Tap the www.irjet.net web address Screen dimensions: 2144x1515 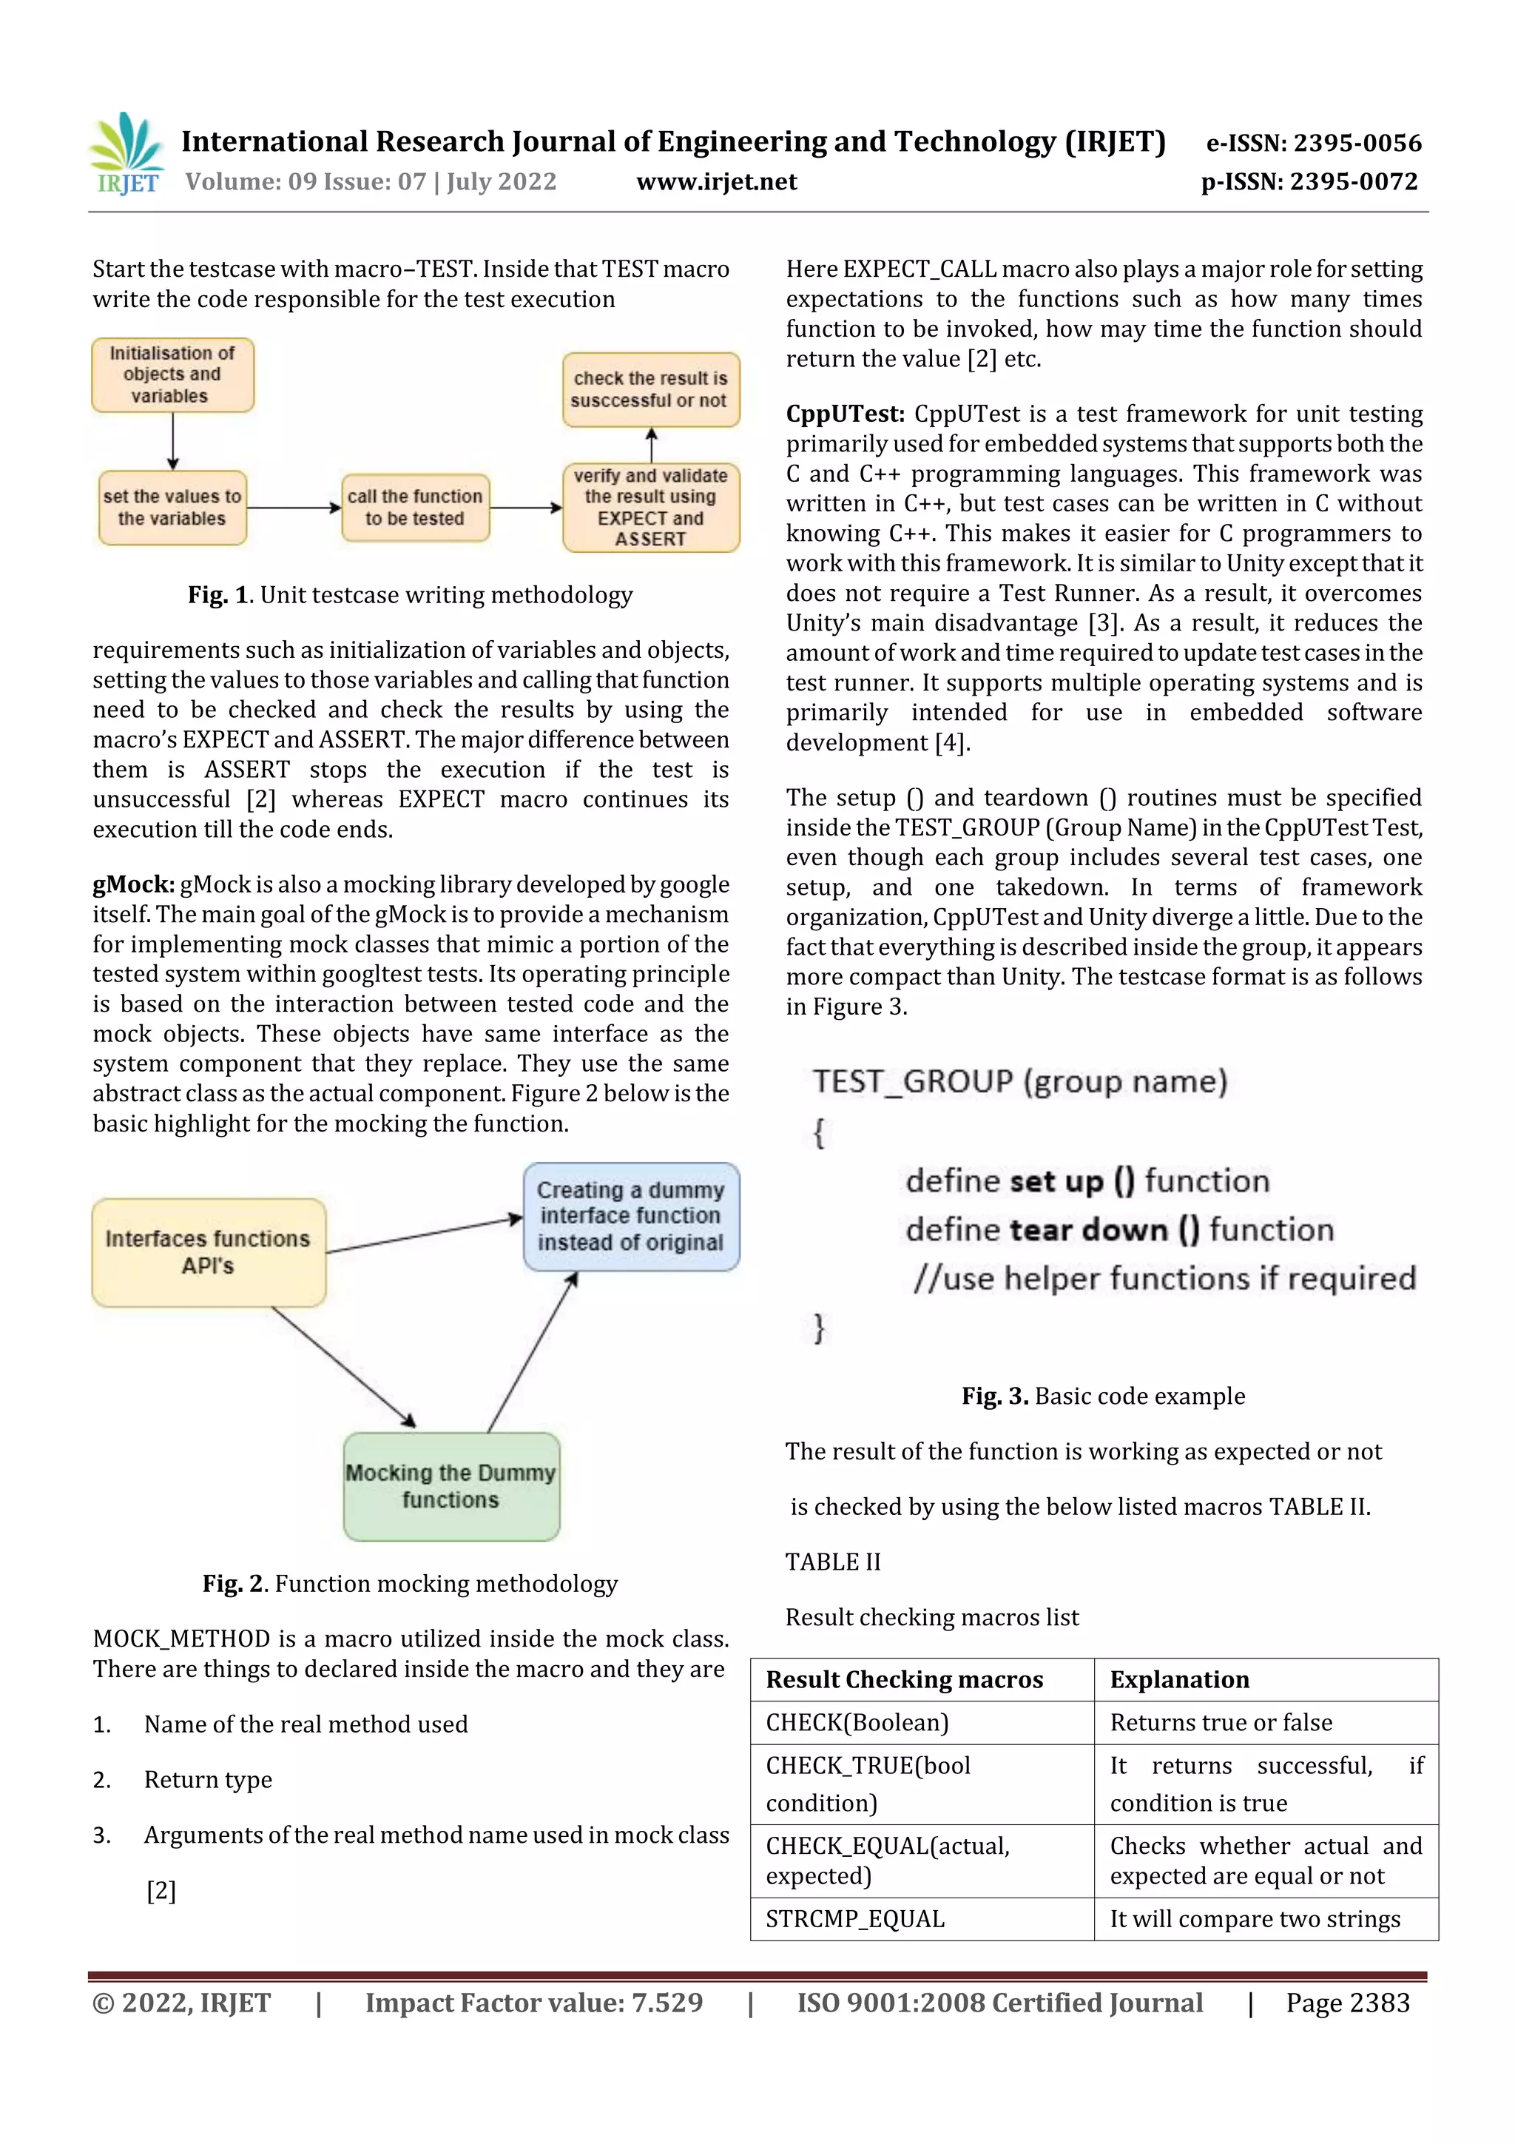click(x=716, y=182)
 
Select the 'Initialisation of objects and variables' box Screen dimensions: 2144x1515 click(x=172, y=375)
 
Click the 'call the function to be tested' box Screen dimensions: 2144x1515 click(x=416, y=508)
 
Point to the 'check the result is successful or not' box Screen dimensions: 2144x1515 click(x=651, y=389)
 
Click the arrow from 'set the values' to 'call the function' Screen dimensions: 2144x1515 click(x=294, y=508)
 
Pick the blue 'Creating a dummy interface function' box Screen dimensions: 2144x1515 click(x=631, y=1216)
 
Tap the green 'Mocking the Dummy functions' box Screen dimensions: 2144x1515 click(x=451, y=1485)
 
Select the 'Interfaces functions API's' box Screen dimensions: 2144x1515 click(x=208, y=1252)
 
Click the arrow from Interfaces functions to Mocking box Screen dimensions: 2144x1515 click(x=343, y=1366)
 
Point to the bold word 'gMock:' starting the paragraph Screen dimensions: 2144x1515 click(x=133, y=884)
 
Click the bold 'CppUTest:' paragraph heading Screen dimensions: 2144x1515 click(x=845, y=414)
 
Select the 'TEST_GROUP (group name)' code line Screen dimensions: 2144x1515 click(x=1019, y=1081)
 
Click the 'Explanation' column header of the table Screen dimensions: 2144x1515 click(x=1179, y=1679)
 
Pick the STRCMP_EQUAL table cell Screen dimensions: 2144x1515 click(x=855, y=1919)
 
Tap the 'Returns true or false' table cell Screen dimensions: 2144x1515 click(x=1221, y=1722)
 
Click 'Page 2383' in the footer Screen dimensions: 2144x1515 click(x=1347, y=2003)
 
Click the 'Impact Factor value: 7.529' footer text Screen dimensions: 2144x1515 click(x=533, y=2003)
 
